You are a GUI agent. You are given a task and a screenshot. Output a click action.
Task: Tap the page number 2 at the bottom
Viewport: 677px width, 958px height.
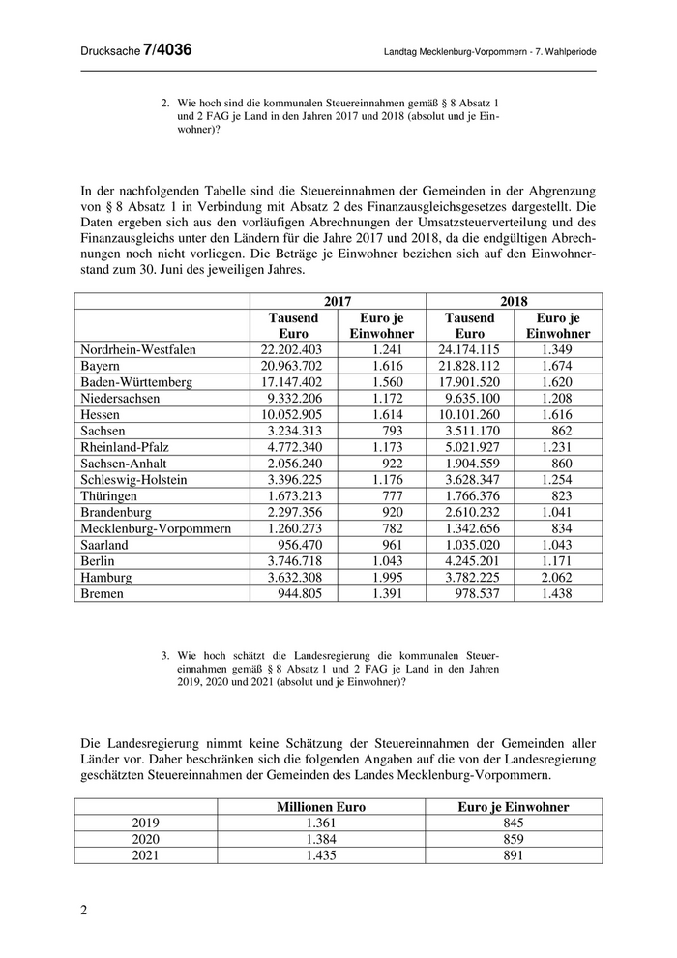[83, 910]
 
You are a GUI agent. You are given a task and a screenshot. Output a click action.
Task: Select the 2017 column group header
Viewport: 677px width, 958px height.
[338, 301]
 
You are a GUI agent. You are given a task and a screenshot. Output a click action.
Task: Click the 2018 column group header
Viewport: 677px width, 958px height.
[514, 301]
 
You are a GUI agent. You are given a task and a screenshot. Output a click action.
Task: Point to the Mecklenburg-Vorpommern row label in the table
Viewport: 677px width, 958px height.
[156, 529]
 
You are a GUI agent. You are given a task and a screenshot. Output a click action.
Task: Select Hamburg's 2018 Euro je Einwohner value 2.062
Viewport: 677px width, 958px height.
[558, 578]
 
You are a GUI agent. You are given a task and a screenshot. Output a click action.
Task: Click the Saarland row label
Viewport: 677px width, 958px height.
[104, 545]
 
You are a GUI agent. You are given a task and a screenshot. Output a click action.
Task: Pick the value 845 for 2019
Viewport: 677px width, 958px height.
[513, 823]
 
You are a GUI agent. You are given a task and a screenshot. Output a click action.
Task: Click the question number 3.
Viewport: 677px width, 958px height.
[165, 655]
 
